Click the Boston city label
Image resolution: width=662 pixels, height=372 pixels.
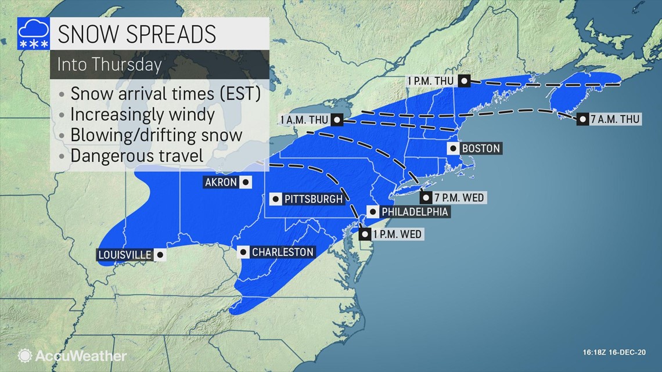(x=481, y=149)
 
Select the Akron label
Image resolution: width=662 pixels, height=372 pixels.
(x=221, y=182)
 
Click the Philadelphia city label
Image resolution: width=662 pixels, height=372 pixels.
(x=414, y=212)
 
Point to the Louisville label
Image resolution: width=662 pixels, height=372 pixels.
(x=125, y=255)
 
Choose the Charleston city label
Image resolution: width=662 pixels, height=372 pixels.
(x=283, y=252)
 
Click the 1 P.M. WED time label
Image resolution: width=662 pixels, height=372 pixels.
(x=398, y=234)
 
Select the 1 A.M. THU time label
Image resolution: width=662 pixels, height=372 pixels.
(x=303, y=120)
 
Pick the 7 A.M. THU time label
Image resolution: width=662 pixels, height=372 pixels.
(x=617, y=120)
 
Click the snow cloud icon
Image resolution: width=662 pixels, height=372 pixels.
(x=34, y=34)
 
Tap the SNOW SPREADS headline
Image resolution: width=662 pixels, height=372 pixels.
(x=136, y=34)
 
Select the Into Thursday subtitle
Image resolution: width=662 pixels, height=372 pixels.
(x=109, y=64)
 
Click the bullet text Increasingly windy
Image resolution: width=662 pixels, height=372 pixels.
(x=142, y=114)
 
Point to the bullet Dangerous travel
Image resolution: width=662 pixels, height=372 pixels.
(x=136, y=156)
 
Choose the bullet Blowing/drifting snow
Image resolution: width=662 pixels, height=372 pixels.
(x=156, y=135)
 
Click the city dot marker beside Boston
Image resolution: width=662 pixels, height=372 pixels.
(x=452, y=149)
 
